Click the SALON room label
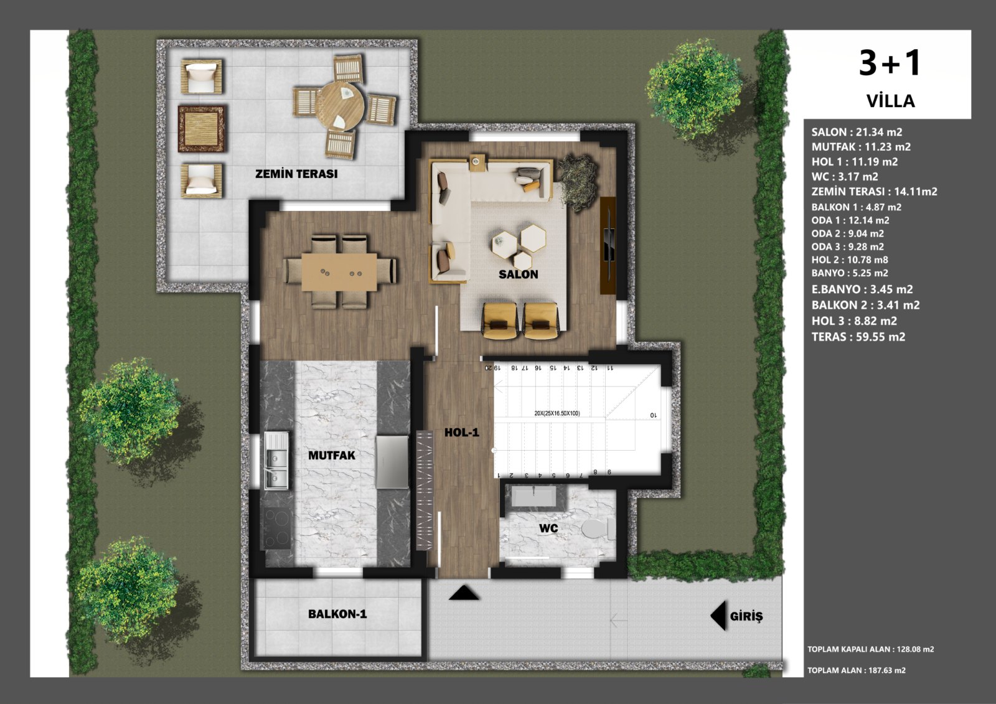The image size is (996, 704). pos(518,275)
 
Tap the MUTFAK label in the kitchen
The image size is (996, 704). pos(332,456)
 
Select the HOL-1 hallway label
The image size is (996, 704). pos(462,432)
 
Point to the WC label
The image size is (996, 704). pos(548,528)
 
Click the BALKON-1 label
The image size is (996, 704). pos(337,614)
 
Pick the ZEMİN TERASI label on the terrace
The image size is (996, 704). pos(296,174)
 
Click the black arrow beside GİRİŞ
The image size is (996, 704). pos(718,616)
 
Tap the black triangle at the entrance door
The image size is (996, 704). pos(464,593)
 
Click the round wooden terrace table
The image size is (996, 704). pos(343,106)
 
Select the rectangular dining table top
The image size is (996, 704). pos(339,272)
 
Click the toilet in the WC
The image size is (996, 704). pos(598,530)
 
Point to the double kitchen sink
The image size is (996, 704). pos(276,460)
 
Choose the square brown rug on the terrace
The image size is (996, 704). pos(202,128)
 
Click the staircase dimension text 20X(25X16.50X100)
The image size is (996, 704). pos(557,413)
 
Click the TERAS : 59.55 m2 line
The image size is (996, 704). pos(858,337)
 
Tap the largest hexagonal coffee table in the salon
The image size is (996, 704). pos(533,238)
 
